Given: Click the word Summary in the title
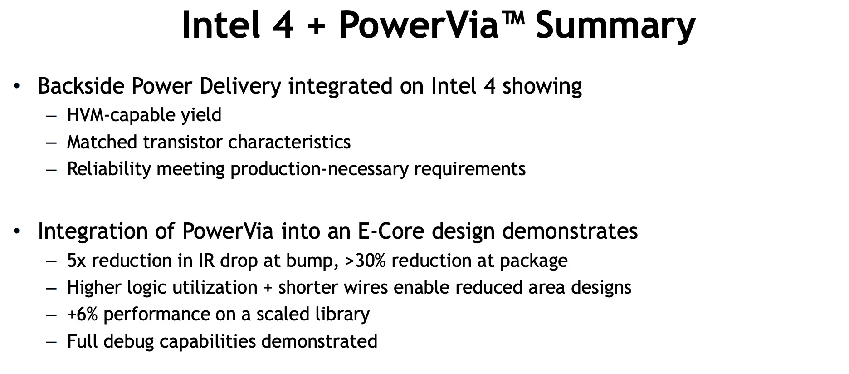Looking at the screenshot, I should click(615, 25).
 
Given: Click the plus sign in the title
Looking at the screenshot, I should click(316, 26).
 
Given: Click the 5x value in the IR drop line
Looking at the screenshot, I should click(76, 261).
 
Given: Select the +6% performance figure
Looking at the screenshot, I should click(83, 314).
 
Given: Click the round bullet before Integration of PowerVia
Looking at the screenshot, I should click(17, 231).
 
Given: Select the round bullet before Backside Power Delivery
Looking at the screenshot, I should click(17, 86).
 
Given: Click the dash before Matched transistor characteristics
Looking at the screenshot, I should click(52, 143).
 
